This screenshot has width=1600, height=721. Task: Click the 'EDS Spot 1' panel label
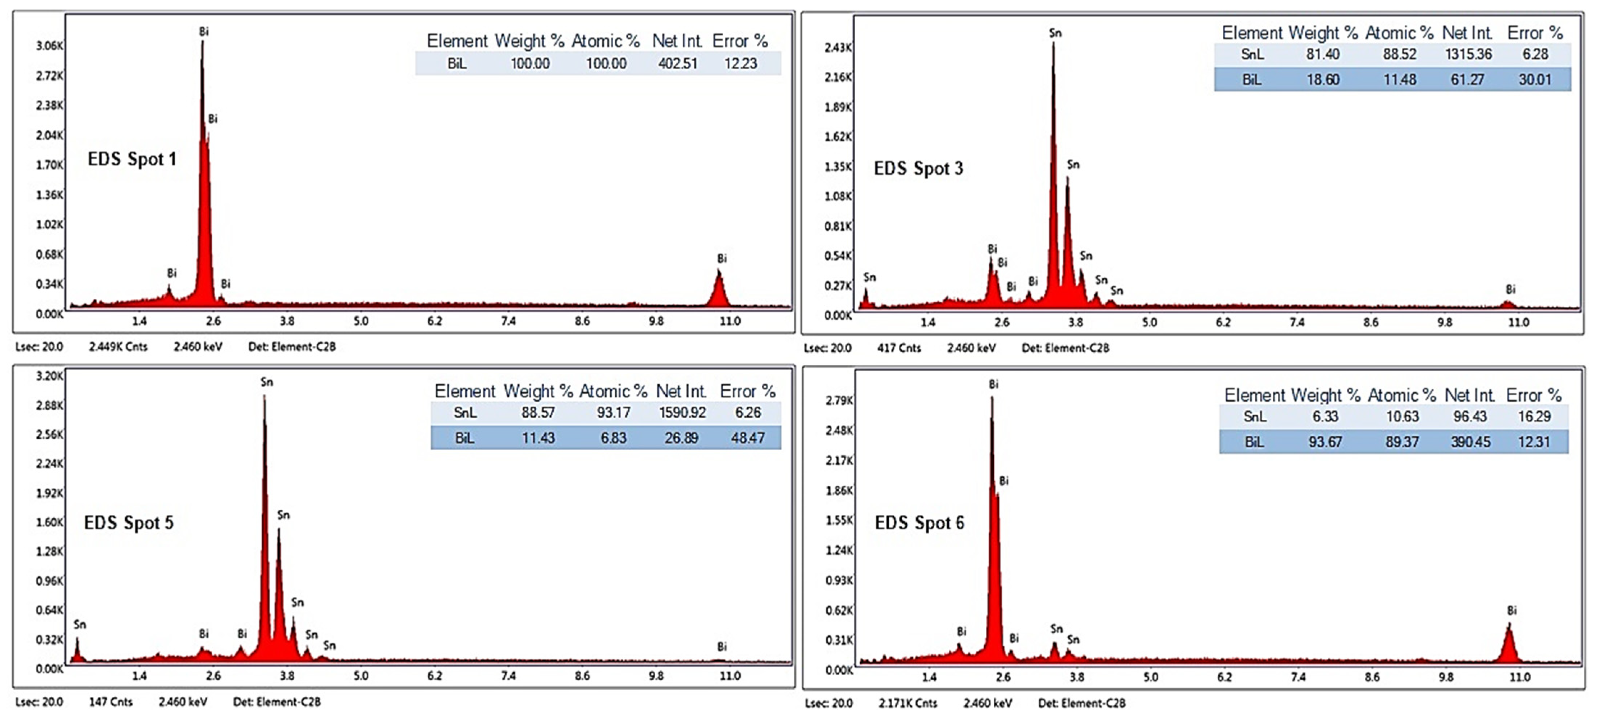(132, 159)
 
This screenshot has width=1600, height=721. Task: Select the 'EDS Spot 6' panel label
(919, 523)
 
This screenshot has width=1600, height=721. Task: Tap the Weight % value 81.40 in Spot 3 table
(1322, 54)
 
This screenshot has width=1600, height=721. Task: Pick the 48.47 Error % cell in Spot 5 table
(747, 438)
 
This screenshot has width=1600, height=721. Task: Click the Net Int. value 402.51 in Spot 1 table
(678, 63)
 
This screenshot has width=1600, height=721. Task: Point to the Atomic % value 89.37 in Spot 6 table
(1402, 442)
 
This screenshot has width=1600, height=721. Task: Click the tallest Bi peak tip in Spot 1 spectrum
(203, 42)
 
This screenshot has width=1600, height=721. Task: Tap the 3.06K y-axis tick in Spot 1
(49, 45)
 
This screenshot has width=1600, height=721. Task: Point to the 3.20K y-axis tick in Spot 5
(49, 376)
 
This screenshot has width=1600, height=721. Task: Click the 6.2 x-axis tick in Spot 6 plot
(1224, 677)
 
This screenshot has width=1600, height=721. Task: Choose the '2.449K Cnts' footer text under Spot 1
(118, 347)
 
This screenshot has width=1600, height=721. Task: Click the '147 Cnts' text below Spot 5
(111, 702)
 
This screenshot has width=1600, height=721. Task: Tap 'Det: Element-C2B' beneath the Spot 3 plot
(1065, 348)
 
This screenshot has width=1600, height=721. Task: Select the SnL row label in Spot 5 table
(465, 413)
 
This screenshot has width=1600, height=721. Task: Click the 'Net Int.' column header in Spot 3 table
(1467, 32)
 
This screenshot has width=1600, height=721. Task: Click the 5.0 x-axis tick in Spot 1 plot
(361, 321)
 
